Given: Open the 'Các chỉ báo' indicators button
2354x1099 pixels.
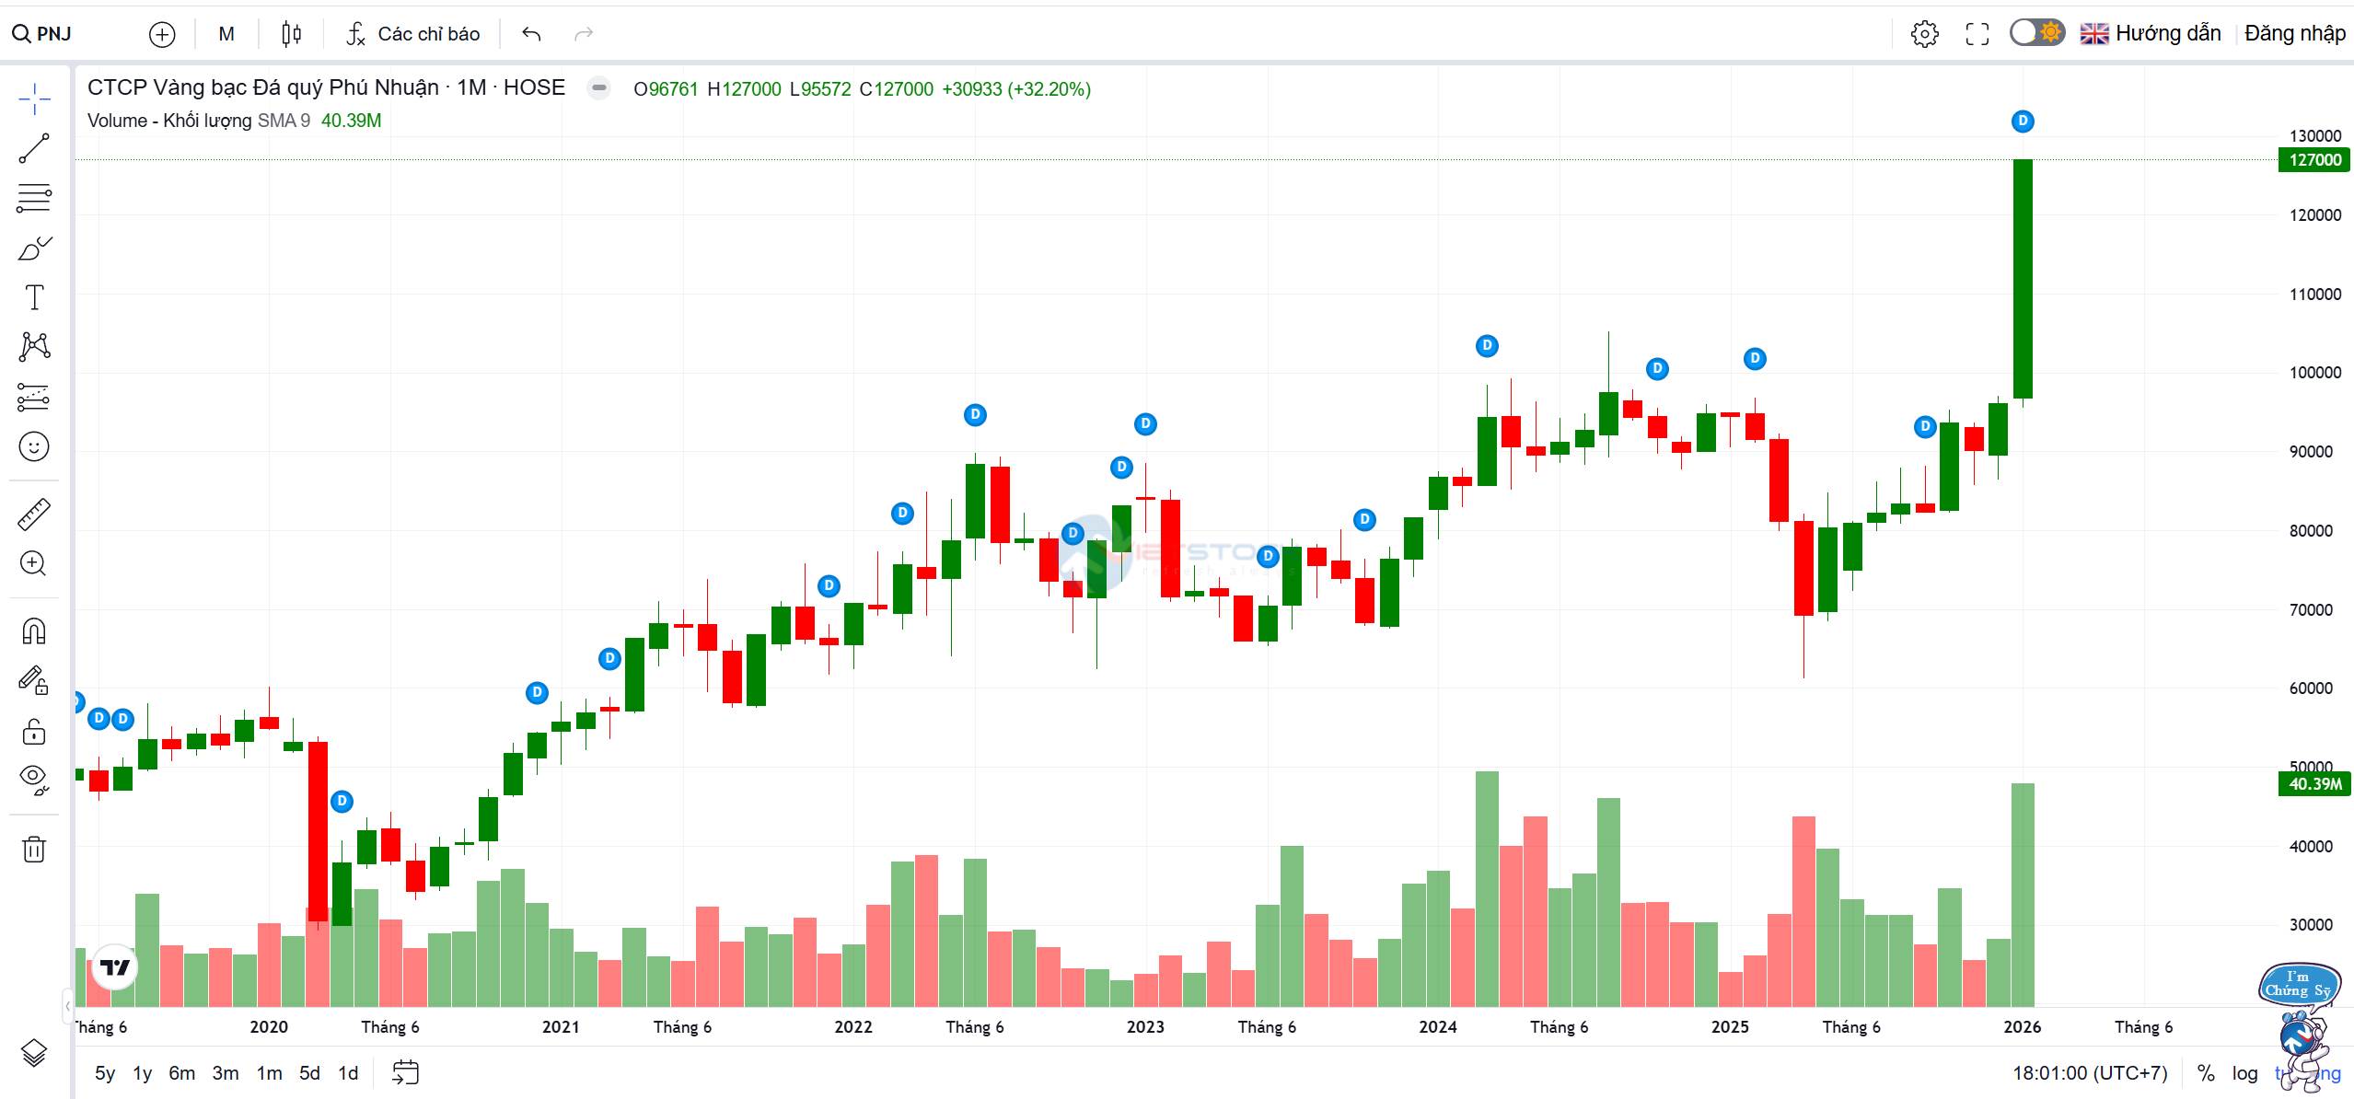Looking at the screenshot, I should [413, 34].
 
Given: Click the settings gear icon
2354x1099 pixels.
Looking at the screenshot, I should [1924, 34].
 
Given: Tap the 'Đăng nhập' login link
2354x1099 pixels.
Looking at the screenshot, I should [2294, 34].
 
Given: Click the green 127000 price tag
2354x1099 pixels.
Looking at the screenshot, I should [2314, 160].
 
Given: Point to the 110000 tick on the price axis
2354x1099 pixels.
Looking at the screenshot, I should [2314, 295].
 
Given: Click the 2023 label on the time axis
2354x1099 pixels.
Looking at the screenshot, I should [1145, 1026].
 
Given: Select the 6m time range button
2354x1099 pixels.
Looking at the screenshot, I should [181, 1073].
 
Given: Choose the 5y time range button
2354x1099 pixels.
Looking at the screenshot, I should [105, 1073].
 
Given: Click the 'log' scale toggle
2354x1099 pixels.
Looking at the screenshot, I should [2244, 1073].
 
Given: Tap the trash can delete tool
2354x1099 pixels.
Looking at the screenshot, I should [34, 849].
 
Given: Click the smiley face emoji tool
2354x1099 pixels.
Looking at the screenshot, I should [34, 447].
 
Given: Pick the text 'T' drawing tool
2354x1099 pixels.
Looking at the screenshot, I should [34, 297].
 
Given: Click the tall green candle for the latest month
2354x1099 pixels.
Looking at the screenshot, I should [2023, 276].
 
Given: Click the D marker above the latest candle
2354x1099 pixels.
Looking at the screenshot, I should [2023, 121].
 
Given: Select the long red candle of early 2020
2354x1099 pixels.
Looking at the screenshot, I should [318, 828].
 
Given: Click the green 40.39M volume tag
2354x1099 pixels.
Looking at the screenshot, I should [2314, 784].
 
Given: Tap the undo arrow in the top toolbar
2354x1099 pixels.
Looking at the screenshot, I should [531, 34].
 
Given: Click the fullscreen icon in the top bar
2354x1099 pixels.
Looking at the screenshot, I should [1977, 34].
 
